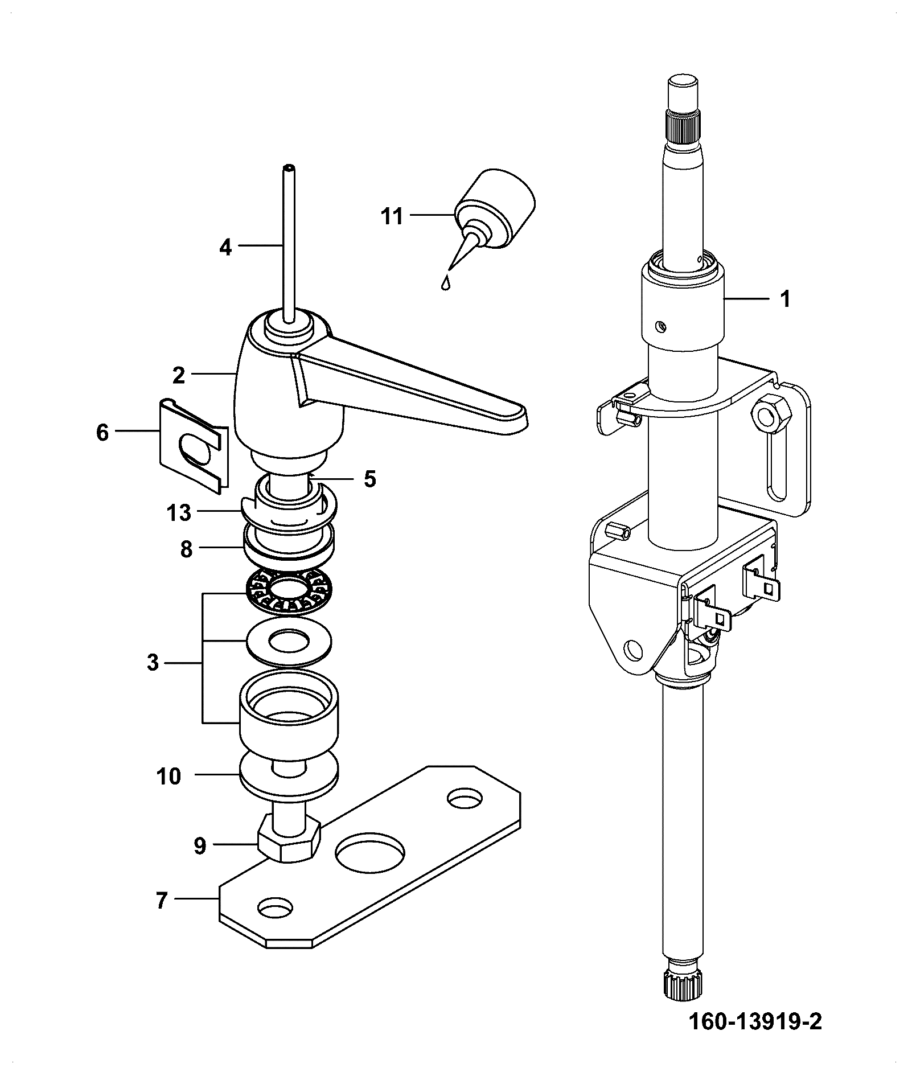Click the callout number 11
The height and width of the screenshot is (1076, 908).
(x=392, y=216)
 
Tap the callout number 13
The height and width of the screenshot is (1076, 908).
(x=179, y=513)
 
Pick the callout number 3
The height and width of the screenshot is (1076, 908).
(x=153, y=663)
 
